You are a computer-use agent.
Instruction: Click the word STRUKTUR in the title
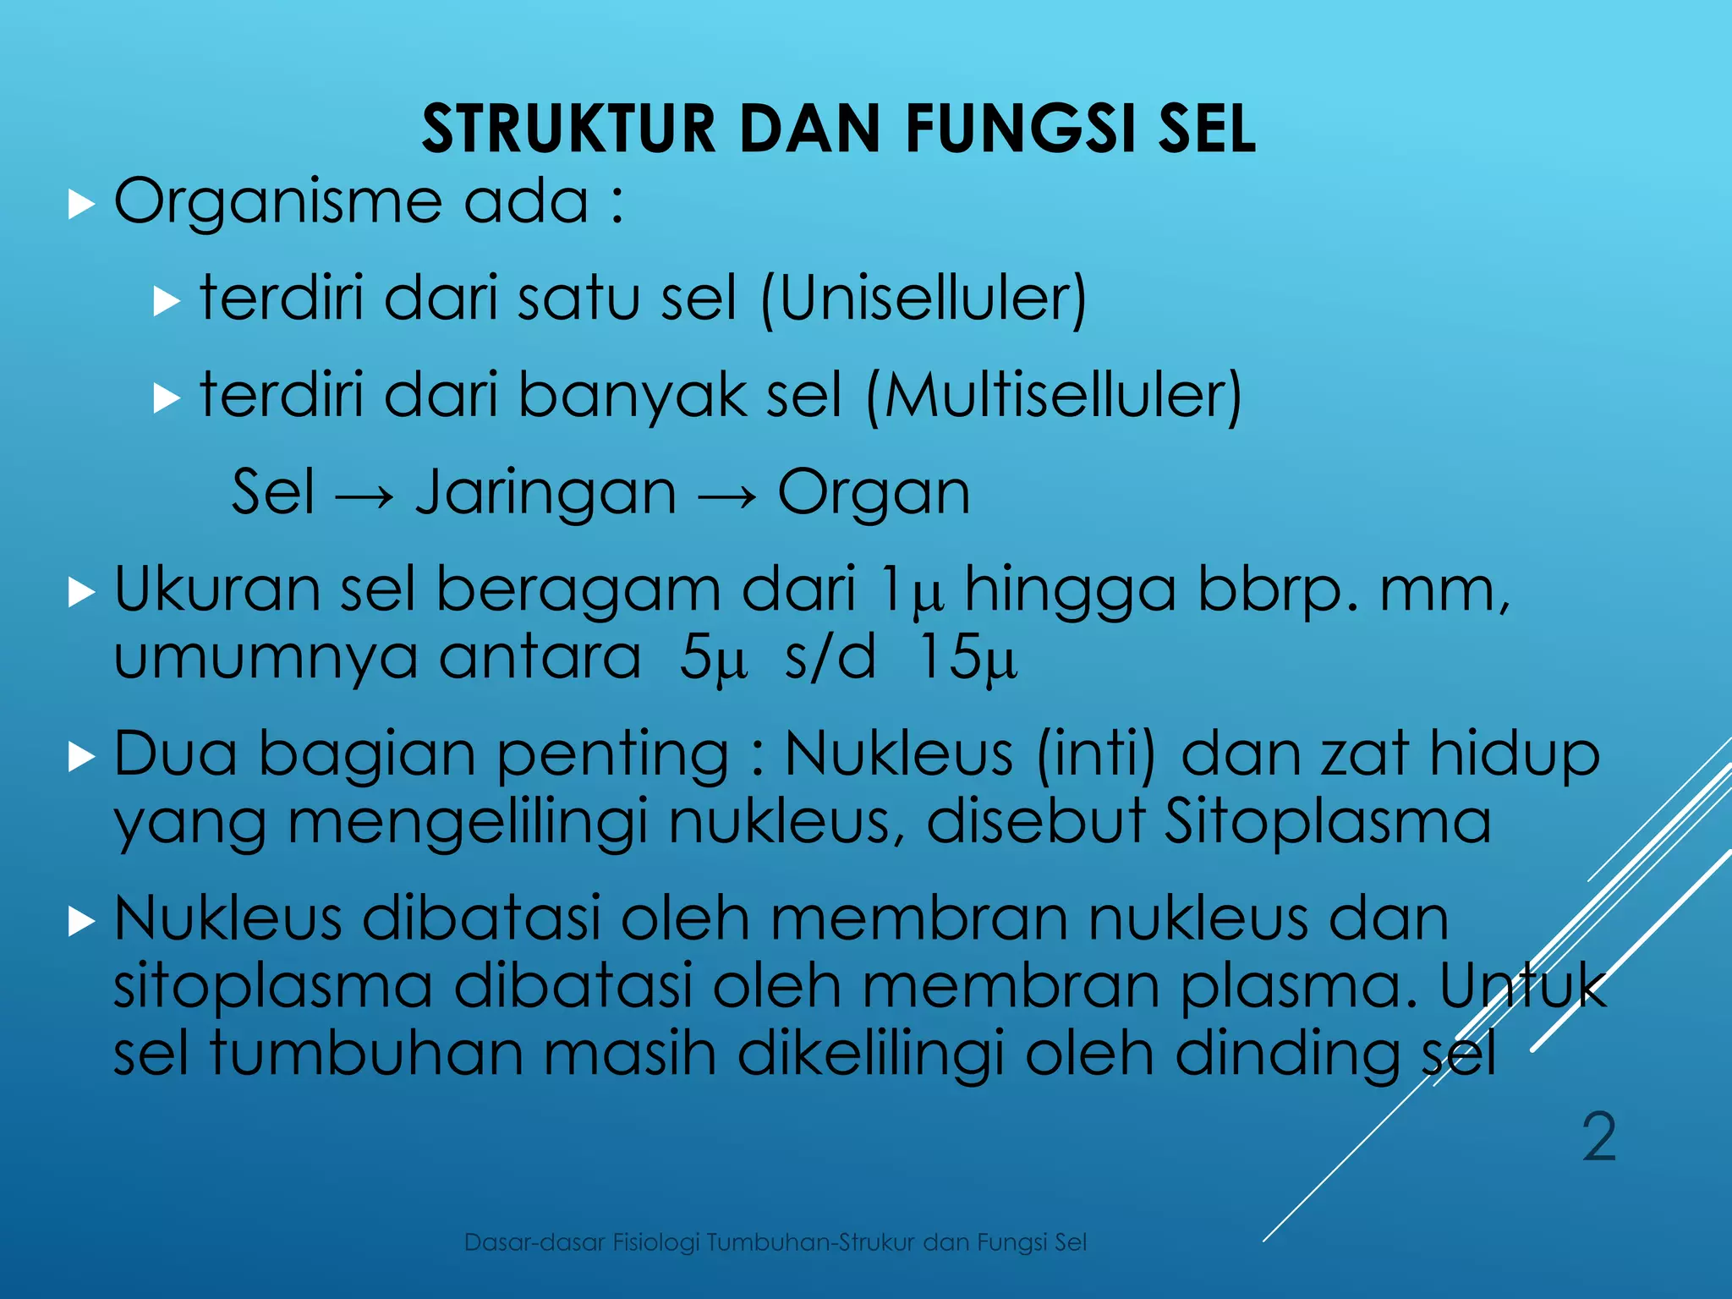tap(568, 129)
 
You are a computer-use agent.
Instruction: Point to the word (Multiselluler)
tap(1054, 396)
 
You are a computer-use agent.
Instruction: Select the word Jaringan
tap(545, 494)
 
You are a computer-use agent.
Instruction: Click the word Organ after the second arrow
tap(873, 494)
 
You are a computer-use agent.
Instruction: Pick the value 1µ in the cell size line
tap(911, 591)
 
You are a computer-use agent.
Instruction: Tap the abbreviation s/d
tap(830, 657)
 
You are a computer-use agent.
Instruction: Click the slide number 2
tap(1599, 1138)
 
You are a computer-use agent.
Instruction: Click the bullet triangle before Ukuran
tap(81, 592)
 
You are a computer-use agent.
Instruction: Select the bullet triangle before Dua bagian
tap(81, 756)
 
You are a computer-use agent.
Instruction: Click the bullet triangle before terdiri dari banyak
tap(167, 397)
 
